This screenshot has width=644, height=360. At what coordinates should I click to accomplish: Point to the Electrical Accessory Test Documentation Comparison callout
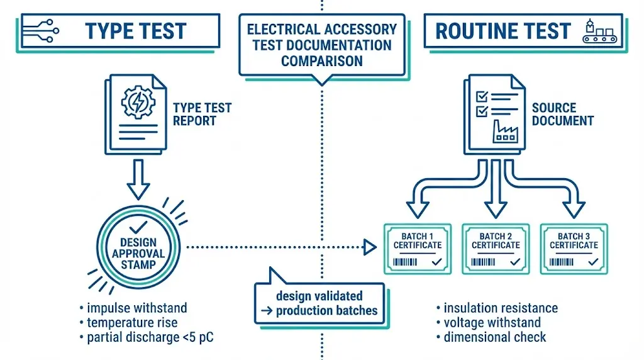321,45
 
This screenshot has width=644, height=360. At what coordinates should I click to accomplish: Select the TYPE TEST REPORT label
202,114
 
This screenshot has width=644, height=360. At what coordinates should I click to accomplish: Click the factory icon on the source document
504,130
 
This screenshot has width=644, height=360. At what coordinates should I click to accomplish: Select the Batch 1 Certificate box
418,248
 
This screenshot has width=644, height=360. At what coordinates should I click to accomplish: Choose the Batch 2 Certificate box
496,248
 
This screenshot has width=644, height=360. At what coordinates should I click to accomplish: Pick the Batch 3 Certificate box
574,248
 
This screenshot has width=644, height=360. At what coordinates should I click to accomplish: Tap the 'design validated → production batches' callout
319,303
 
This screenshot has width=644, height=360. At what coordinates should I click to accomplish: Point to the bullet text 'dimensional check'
494,337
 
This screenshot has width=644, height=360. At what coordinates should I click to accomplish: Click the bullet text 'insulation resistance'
500,308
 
